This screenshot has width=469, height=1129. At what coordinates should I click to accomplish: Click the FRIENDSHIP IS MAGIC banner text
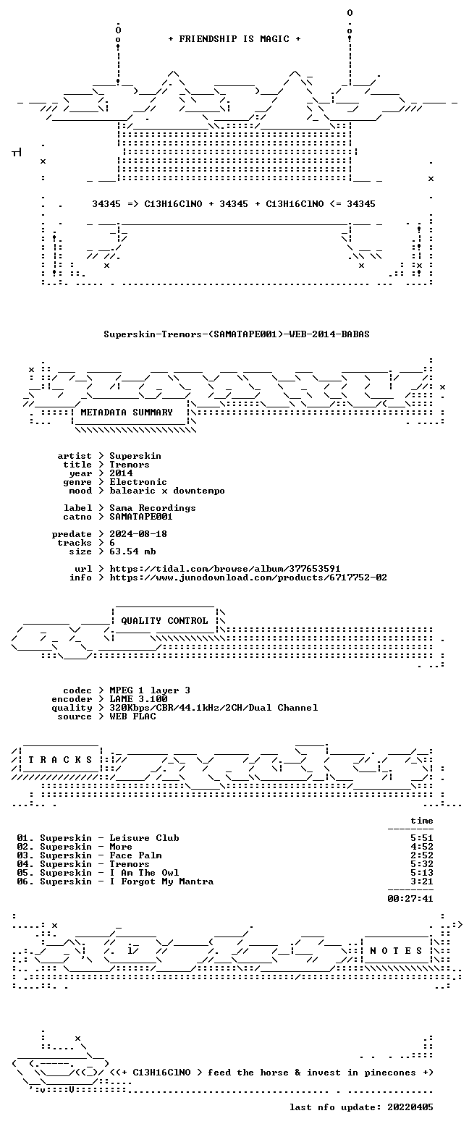[234, 39]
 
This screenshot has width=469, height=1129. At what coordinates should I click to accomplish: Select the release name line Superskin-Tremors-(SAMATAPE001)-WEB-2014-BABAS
[237, 334]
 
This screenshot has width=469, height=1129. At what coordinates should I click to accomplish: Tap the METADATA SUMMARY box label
[127, 413]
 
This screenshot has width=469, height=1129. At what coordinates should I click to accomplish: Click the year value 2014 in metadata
[121, 473]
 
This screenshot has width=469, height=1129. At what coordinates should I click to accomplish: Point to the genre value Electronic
[138, 482]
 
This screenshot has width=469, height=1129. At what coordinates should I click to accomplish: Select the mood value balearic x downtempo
[167, 491]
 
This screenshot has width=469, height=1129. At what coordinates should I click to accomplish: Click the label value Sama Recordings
[152, 508]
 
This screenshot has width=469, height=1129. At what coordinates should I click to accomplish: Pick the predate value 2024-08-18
[138, 534]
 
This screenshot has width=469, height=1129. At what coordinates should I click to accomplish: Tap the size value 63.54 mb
[132, 551]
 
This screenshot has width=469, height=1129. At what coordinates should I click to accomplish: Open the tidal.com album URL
[225, 569]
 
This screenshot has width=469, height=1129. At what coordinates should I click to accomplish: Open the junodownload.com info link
[248, 578]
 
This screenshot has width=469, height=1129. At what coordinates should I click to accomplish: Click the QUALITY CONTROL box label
[164, 621]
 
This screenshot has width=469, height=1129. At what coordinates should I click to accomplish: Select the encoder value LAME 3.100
[138, 699]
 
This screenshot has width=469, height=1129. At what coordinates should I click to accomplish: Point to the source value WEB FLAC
[132, 716]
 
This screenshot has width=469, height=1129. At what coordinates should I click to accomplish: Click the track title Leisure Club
[144, 838]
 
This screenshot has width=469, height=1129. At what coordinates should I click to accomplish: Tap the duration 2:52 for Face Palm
[422, 855]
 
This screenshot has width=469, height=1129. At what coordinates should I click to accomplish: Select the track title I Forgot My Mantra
[161, 881]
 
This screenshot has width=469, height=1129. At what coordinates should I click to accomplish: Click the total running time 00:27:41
[410, 899]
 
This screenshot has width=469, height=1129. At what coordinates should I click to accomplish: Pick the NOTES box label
[396, 951]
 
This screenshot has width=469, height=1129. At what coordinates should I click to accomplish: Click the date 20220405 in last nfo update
[410, 1107]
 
